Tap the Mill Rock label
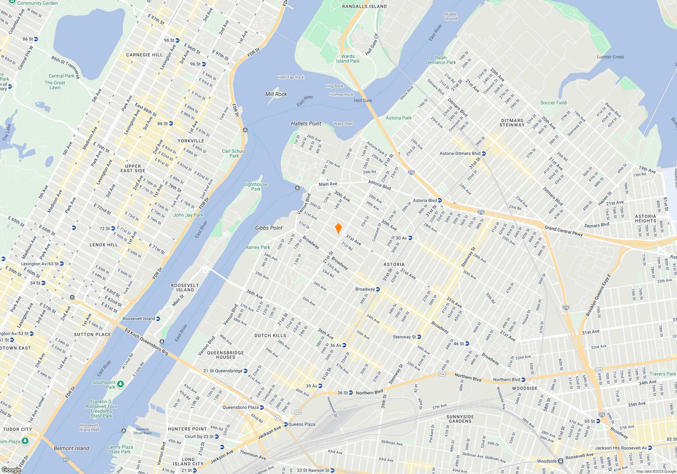pyautogui.click(x=276, y=94)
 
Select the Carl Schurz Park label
pyautogui.click(x=234, y=153)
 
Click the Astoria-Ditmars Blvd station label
pyautogui.click(x=460, y=153)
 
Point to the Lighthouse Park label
pyautogui.click(x=256, y=187)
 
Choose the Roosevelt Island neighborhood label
pyautogui.click(x=185, y=287)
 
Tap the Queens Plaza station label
pyautogui.click(x=302, y=424)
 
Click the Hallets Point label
pyautogui.click(x=306, y=124)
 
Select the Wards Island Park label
pyautogui.click(x=348, y=59)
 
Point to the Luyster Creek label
pyautogui.click(x=610, y=57)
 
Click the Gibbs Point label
pyautogui.click(x=269, y=228)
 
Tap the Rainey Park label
pyautogui.click(x=258, y=247)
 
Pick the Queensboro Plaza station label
pyautogui.click(x=241, y=407)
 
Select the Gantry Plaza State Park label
pyautogui.click(x=119, y=449)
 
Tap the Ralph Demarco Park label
pyautogui.click(x=441, y=60)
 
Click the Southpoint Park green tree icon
pyautogui.click(x=121, y=384)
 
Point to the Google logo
pyautogui.click(x=12, y=470)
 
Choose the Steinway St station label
pyautogui.click(x=404, y=337)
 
